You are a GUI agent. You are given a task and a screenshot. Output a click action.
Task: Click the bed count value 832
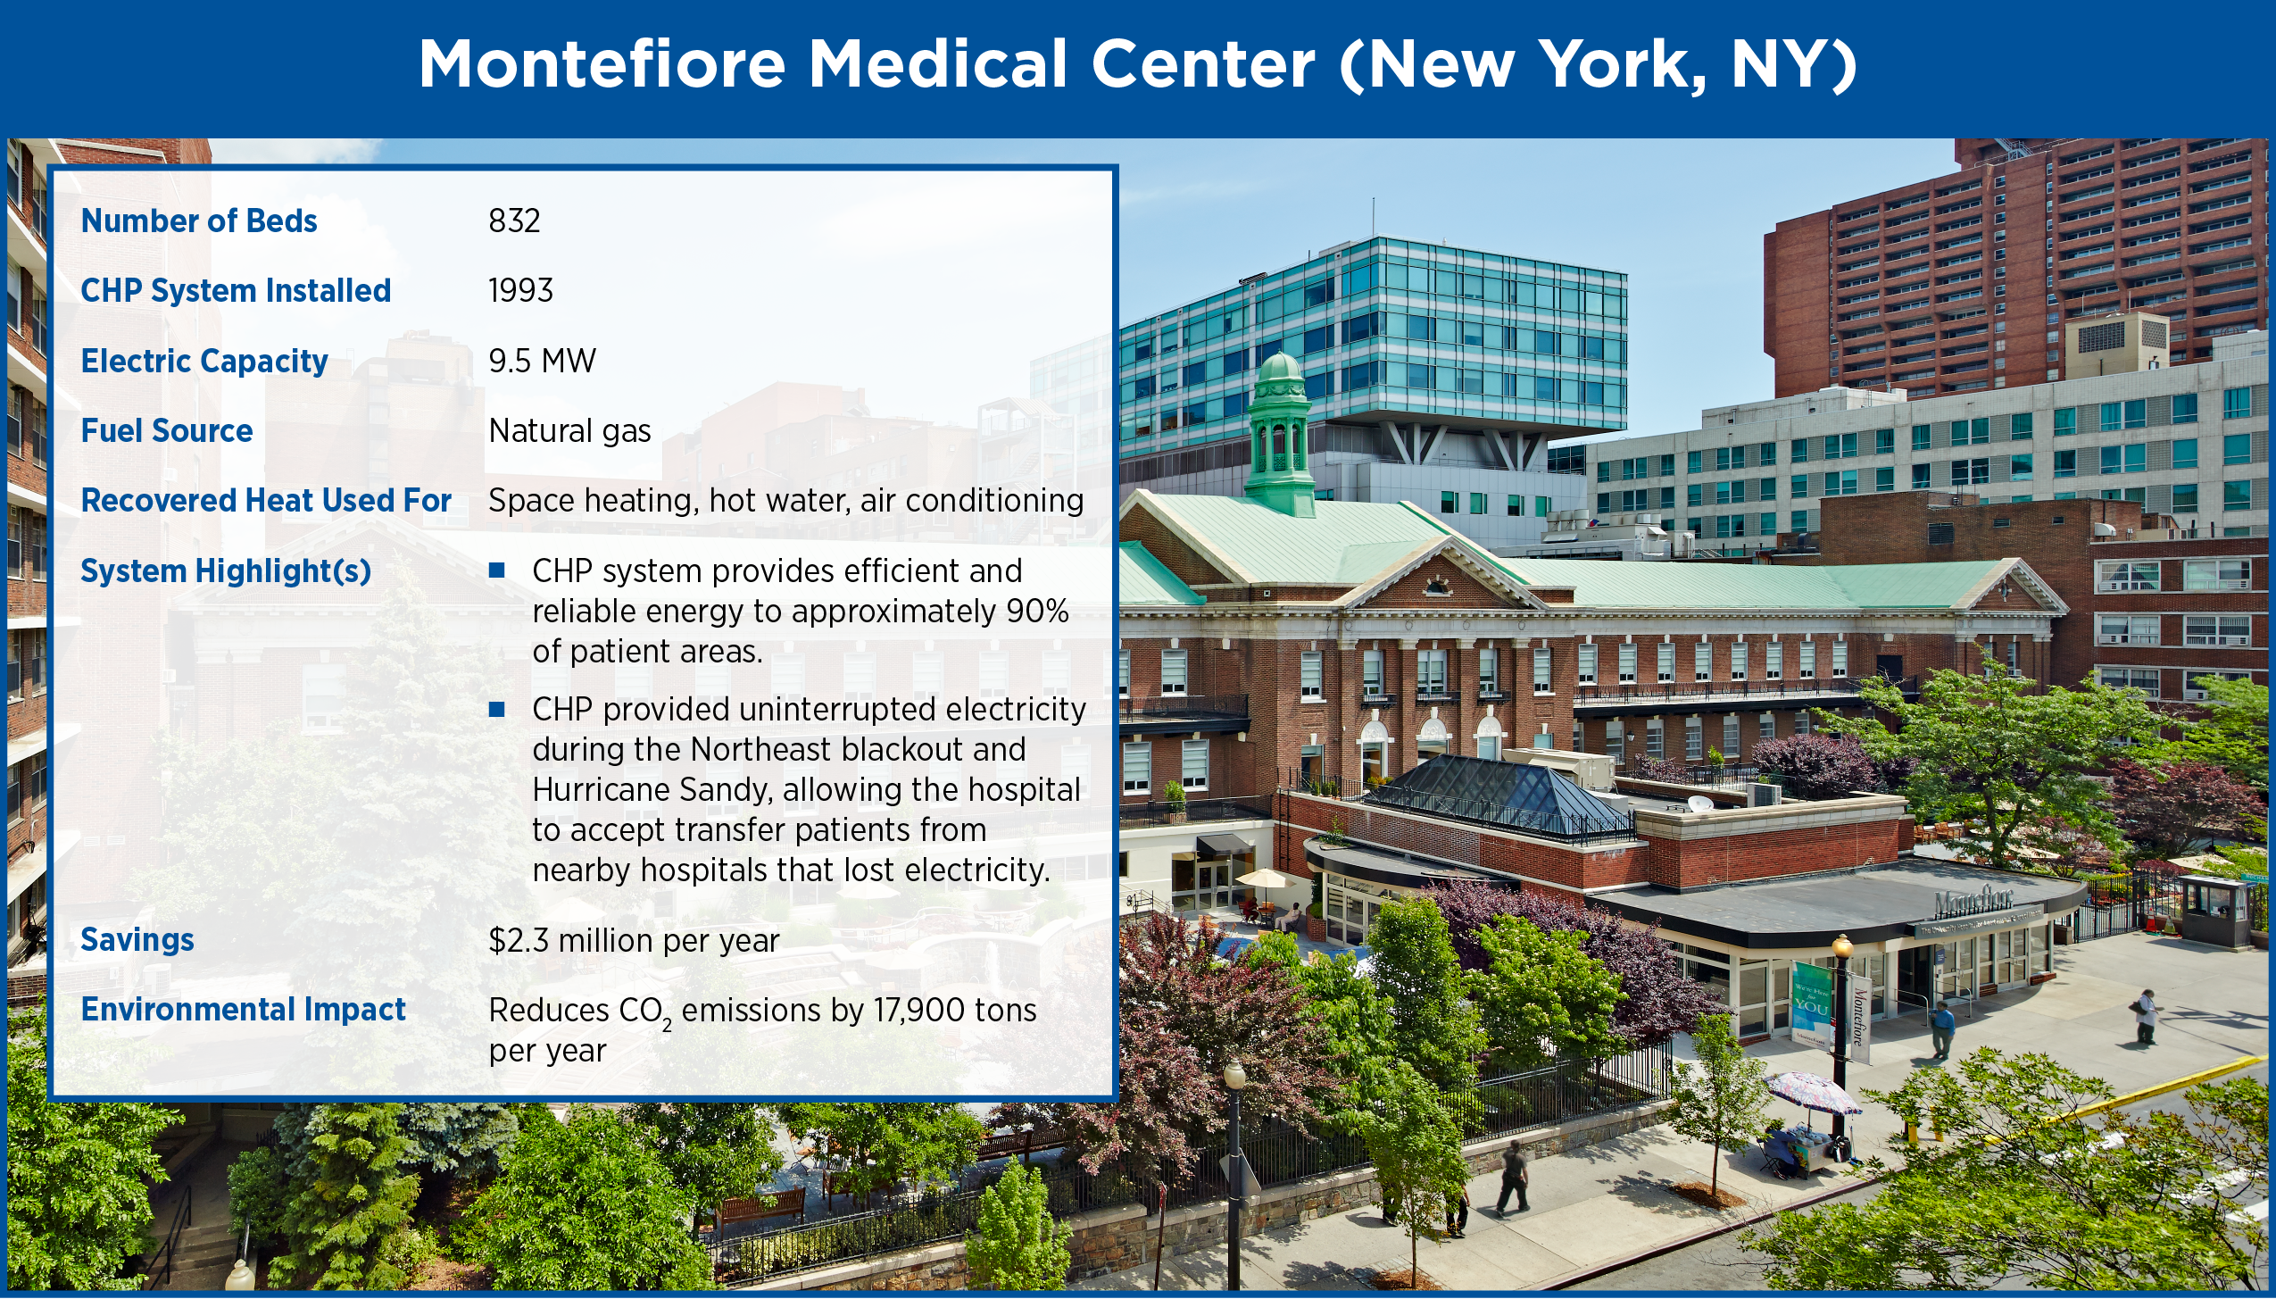(514, 221)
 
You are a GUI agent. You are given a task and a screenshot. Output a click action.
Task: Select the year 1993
(520, 290)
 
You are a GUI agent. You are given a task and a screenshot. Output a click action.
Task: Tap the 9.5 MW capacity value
(542, 361)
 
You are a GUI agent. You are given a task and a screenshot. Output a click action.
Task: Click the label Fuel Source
(167, 430)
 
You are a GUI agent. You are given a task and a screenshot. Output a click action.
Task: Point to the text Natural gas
(569, 431)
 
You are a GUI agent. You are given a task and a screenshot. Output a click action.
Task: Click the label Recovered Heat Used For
(266, 500)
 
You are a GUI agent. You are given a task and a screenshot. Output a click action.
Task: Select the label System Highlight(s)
(226, 571)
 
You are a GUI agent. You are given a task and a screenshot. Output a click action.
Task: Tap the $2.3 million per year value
(634, 940)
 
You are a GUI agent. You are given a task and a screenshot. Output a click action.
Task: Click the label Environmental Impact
(243, 1009)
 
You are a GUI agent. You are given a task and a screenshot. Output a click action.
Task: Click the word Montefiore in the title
(602, 64)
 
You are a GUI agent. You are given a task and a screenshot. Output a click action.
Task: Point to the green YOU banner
(1812, 1003)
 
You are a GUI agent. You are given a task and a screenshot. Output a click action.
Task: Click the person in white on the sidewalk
(2145, 1016)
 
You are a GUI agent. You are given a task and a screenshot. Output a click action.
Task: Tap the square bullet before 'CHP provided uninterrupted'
(497, 710)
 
